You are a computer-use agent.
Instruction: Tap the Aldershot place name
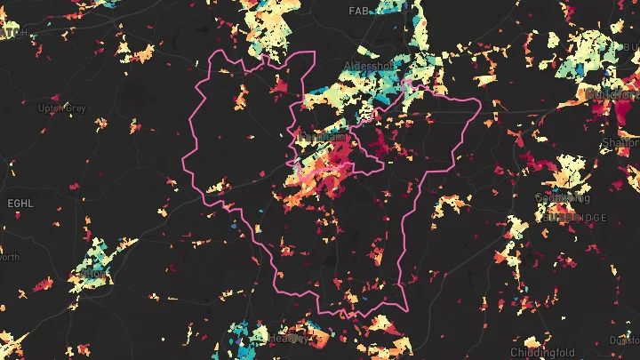tap(367, 68)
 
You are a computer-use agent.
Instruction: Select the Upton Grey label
tap(61, 108)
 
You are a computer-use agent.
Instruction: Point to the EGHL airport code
tap(20, 204)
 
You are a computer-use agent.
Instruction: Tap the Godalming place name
tap(557, 197)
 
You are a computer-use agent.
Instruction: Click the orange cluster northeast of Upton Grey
tap(137, 52)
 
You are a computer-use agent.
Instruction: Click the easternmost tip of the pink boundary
tap(481, 105)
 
